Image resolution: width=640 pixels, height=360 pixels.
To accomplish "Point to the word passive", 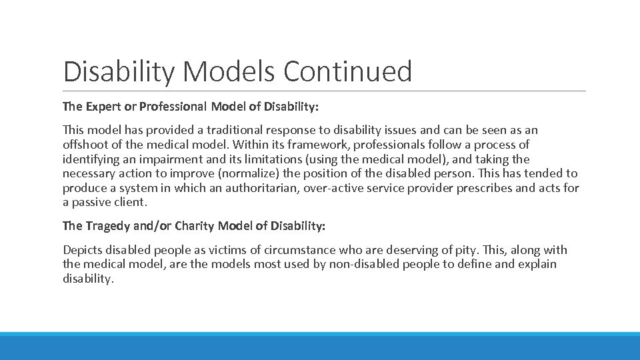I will tap(91, 202).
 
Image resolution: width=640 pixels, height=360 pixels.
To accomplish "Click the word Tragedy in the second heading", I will tap(107, 226).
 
